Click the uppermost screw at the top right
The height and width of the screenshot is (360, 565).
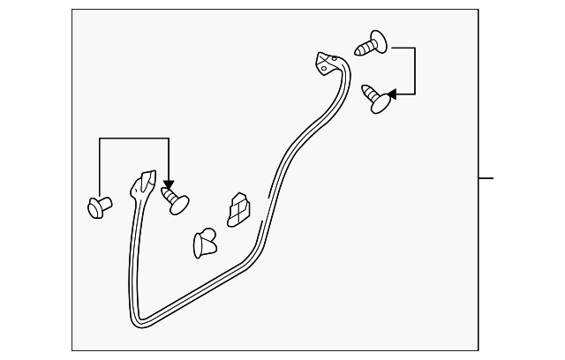[372, 42]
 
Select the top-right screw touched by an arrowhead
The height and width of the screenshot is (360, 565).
[379, 98]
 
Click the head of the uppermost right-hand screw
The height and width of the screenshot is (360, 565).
[378, 40]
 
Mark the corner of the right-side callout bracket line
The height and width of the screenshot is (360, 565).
[415, 49]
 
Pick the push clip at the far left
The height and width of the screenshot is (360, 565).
[99, 207]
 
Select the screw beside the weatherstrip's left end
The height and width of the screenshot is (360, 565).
[175, 199]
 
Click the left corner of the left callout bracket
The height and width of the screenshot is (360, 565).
[100, 139]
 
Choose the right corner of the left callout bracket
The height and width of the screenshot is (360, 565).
[168, 139]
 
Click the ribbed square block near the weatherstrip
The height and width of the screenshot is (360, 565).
[238, 210]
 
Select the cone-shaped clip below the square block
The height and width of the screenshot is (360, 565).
[204, 242]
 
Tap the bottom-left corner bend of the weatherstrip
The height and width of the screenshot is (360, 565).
[139, 318]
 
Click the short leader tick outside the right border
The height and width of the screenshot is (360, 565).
[486, 178]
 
